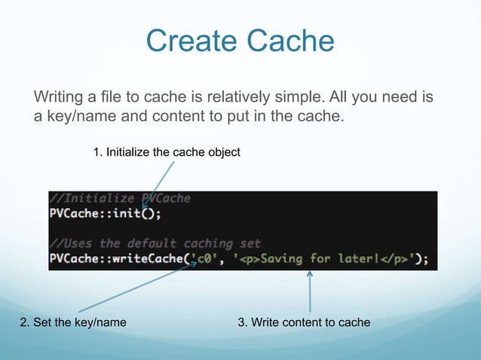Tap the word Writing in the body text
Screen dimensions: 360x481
tap(60, 98)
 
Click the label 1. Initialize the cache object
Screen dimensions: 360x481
tap(166, 153)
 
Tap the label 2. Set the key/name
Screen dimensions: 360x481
tap(73, 322)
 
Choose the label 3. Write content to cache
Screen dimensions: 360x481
tap(304, 322)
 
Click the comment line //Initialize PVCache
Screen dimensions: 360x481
tap(120, 199)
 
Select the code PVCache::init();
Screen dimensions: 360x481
tap(106, 213)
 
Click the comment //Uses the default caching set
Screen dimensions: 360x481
tap(155, 243)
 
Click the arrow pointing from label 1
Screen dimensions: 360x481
tap(158, 184)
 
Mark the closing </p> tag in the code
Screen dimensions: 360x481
tap(393, 258)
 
